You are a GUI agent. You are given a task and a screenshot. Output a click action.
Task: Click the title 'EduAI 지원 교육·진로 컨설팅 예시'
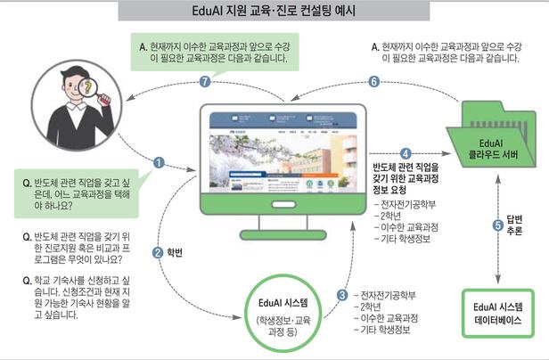click(x=274, y=12)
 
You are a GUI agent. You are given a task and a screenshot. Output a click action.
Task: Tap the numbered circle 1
click(x=159, y=162)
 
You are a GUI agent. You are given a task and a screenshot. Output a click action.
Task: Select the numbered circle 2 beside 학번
click(x=158, y=252)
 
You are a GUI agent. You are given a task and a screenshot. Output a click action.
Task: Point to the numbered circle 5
click(x=497, y=225)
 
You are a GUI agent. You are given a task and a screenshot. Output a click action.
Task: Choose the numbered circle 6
click(x=373, y=81)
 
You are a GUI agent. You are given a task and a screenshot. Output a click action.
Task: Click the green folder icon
click(x=499, y=143)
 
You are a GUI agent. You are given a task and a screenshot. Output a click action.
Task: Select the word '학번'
click(x=176, y=253)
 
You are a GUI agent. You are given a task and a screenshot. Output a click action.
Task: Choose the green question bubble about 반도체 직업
click(x=75, y=187)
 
